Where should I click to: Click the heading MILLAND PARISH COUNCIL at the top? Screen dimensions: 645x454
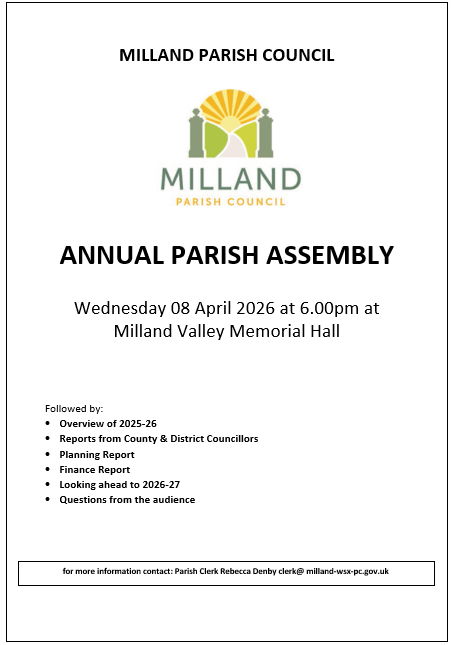(x=226, y=55)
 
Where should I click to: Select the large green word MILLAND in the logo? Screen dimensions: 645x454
(x=230, y=179)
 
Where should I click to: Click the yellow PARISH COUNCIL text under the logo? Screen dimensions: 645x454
(x=230, y=201)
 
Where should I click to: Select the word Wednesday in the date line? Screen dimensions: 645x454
(x=122, y=307)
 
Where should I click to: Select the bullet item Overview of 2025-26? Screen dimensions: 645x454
(x=107, y=424)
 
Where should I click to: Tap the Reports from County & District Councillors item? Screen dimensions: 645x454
(x=158, y=439)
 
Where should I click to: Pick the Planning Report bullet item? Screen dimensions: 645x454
(x=96, y=454)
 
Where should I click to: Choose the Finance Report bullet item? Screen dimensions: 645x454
(x=94, y=469)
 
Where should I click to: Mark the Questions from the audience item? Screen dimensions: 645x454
(x=127, y=499)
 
